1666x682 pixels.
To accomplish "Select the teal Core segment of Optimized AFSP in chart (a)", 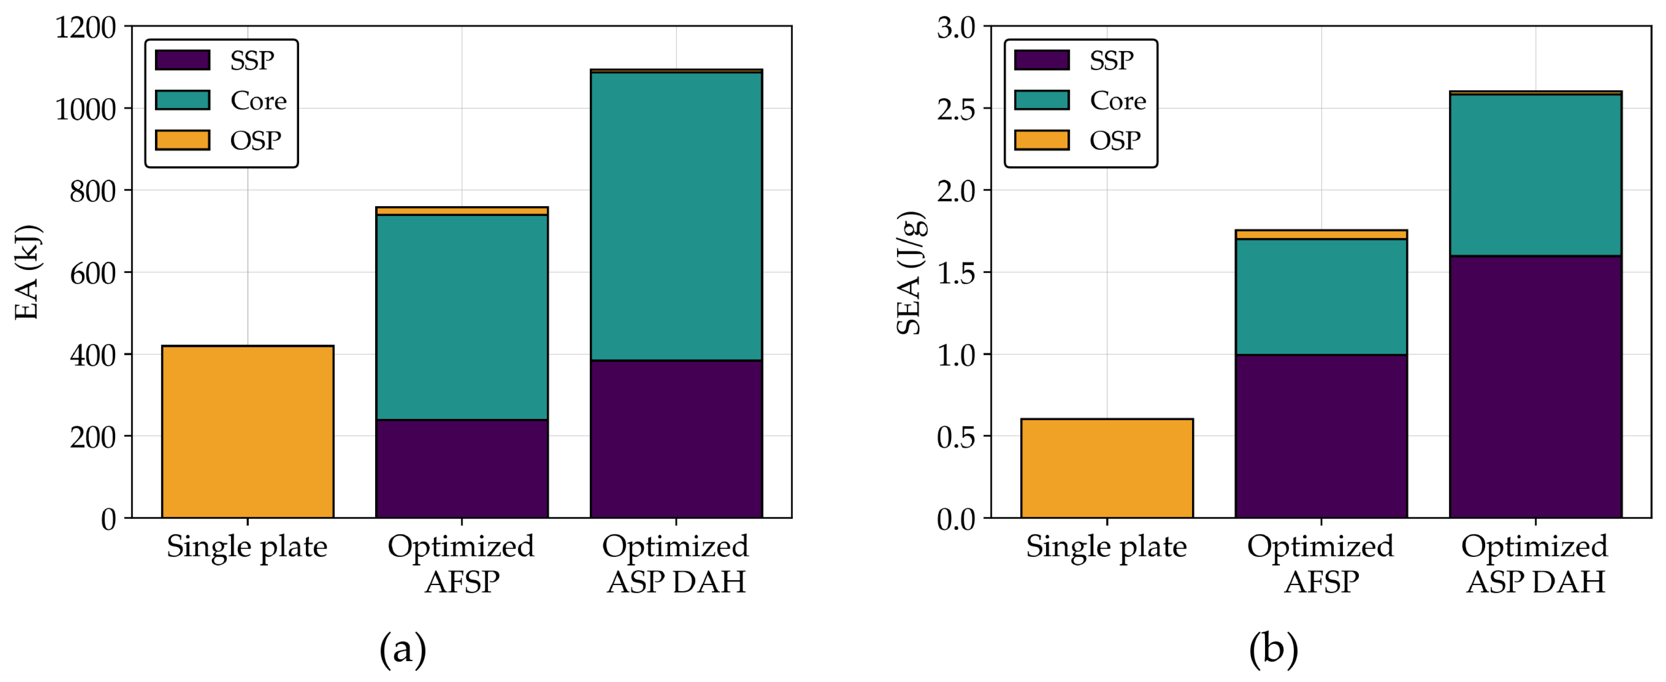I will [462, 317].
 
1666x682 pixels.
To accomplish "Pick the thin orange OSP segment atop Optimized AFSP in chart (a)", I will [462, 211].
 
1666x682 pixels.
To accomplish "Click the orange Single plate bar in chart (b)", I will [1106, 468].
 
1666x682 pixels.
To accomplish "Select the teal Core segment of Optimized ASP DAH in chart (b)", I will [1536, 174].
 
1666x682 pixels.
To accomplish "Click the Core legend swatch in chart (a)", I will [183, 100].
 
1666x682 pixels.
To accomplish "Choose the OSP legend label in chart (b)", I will [1115, 140].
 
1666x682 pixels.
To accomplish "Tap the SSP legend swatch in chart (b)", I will [1041, 60].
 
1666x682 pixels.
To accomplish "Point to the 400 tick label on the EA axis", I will [92, 355].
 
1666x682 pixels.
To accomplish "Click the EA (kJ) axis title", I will [27, 272].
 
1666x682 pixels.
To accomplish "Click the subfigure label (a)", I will [402, 648].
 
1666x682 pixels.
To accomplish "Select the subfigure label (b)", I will [1273, 648].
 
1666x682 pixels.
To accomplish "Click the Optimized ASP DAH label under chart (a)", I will [676, 564].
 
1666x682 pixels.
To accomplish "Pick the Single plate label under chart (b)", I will [1106, 547].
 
